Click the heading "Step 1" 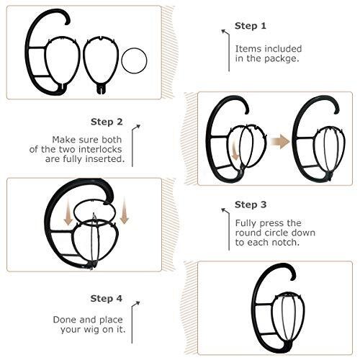[x=251, y=26]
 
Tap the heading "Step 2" [x=107, y=122]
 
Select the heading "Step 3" [x=251, y=204]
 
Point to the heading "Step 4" [x=107, y=299]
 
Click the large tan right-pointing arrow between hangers [x=280, y=142]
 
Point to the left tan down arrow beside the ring [x=68, y=212]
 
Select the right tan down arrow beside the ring [x=125, y=210]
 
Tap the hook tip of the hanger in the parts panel [x=68, y=23]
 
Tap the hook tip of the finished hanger [x=293, y=279]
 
